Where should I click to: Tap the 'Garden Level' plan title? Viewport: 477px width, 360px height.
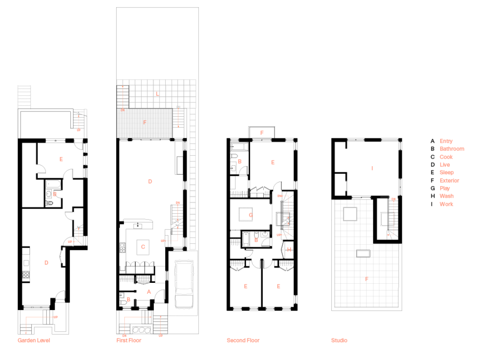(34, 340)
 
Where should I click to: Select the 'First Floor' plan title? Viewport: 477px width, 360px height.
(129, 340)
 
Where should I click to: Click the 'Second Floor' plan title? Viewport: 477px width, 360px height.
(243, 340)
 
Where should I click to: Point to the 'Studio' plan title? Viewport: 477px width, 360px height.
(339, 340)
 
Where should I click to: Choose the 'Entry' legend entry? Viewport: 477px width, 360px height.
(446, 141)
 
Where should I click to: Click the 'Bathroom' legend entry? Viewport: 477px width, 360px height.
(452, 149)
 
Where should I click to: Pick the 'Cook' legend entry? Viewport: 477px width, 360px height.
(446, 157)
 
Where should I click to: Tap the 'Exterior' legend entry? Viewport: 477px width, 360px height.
(449, 180)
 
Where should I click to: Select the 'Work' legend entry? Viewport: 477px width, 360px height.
(446, 204)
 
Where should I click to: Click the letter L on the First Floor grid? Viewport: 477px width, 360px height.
(157, 94)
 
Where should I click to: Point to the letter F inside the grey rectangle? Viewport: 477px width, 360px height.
(145, 123)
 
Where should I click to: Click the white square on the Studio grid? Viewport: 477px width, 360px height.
(350, 214)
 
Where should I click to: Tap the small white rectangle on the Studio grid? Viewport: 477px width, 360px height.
(363, 253)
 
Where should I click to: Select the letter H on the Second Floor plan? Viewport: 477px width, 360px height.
(289, 249)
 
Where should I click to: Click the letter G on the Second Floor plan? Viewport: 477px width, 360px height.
(251, 215)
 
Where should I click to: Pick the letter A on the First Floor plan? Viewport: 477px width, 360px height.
(149, 292)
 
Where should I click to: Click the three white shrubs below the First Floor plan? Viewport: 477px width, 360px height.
(141, 330)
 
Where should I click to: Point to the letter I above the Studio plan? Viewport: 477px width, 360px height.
(372, 168)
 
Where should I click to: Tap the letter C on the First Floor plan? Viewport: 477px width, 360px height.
(143, 247)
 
